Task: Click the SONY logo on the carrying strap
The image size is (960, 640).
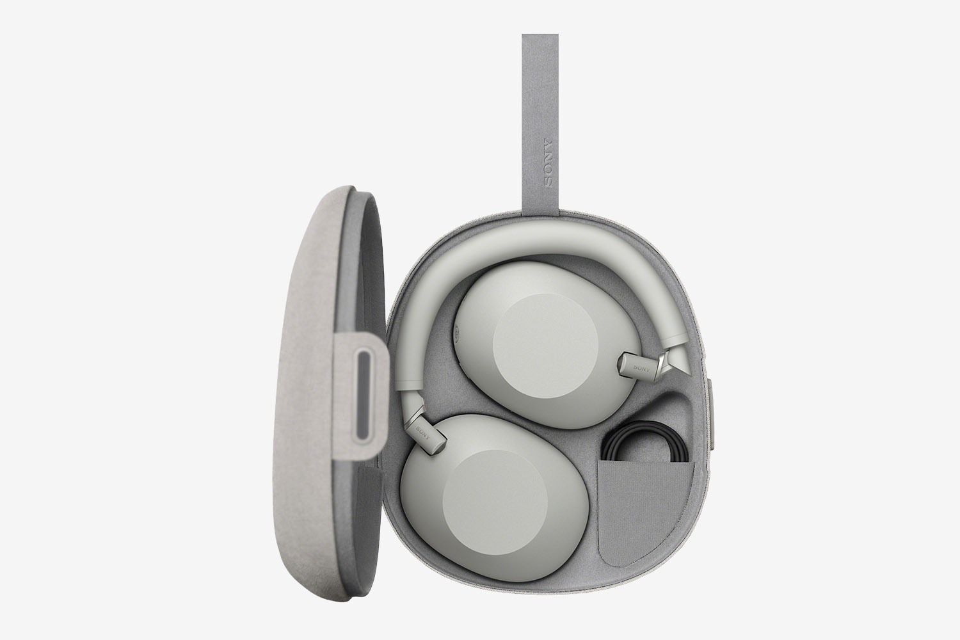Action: coord(547,163)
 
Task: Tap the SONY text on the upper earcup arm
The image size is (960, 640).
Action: coord(641,368)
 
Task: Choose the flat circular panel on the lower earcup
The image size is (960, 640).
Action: coord(495,502)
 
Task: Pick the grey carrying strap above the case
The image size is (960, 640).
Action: coord(540,124)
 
